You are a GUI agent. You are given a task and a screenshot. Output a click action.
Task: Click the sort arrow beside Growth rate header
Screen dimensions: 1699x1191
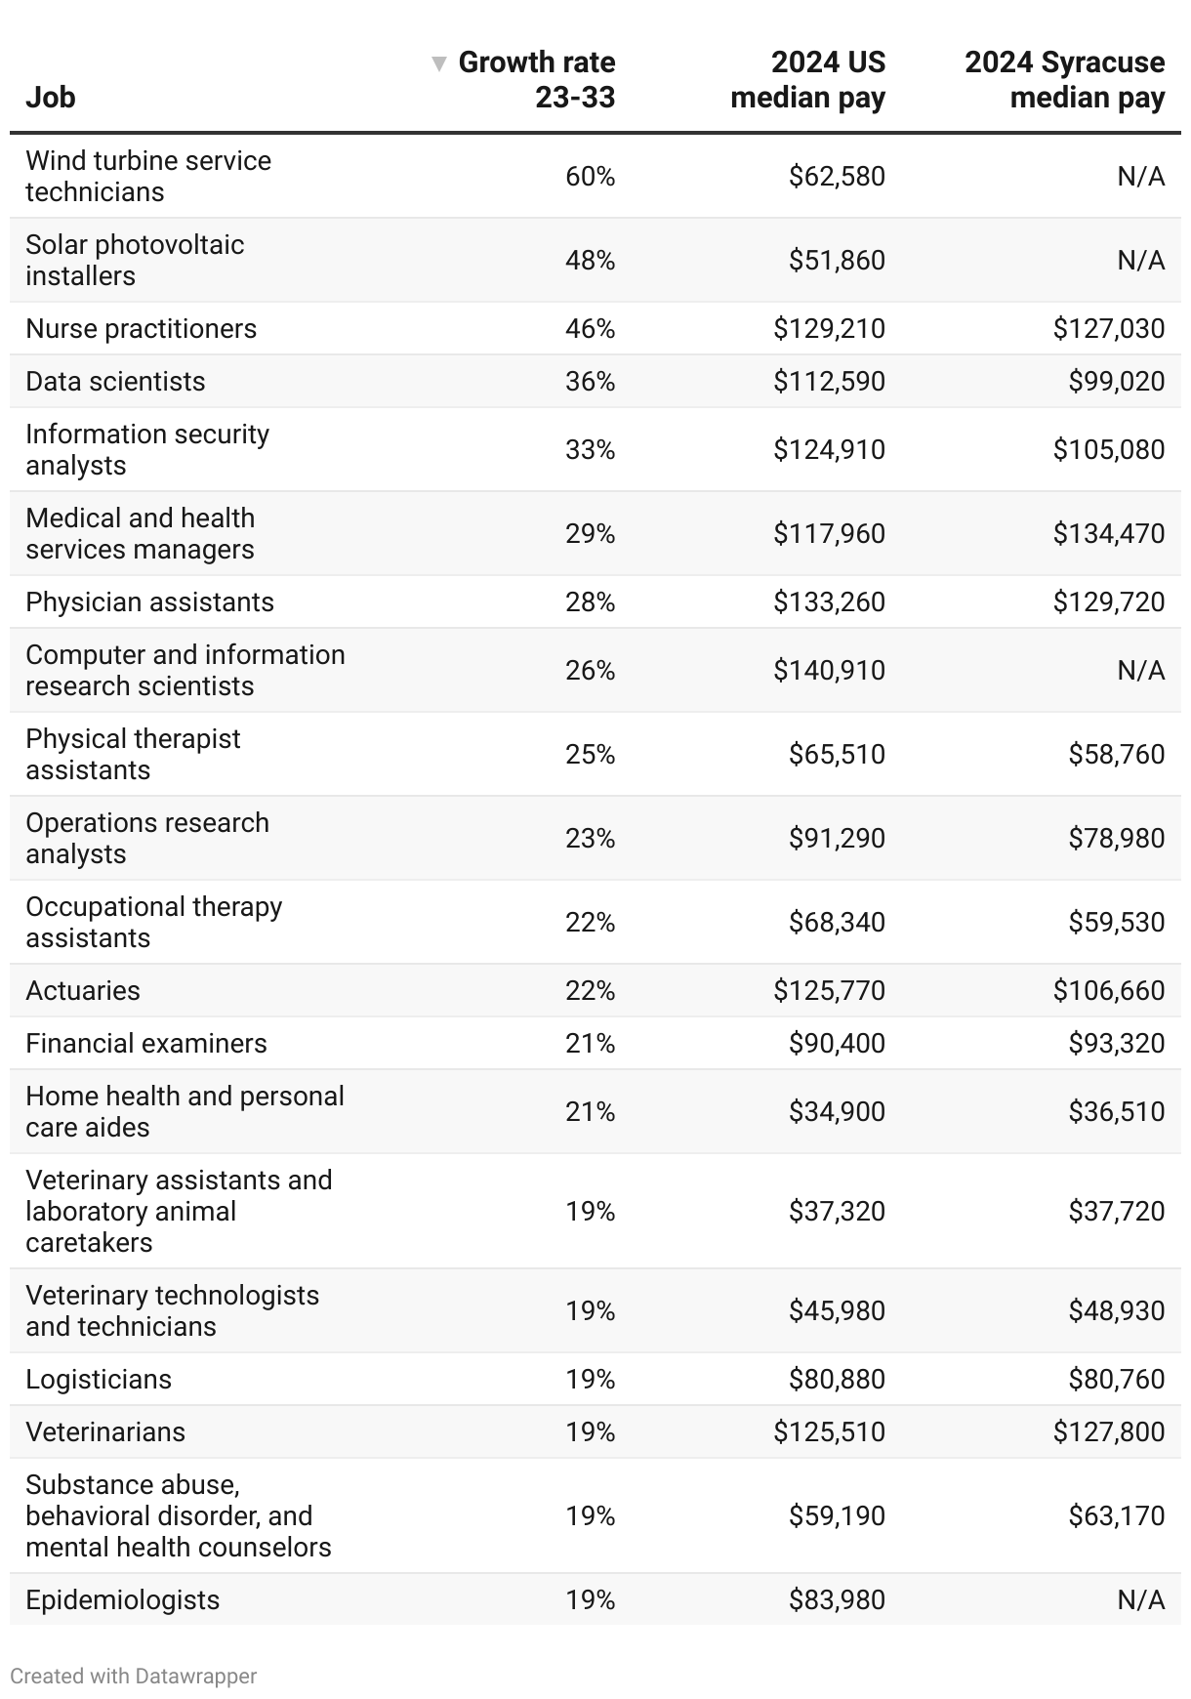[x=439, y=63]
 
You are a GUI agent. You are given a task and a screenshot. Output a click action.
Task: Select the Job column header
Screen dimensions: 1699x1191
[x=51, y=98]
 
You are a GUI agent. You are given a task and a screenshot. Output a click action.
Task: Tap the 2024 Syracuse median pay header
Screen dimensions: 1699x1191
[x=1065, y=80]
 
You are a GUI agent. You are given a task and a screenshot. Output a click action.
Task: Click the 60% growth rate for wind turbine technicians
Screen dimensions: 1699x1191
[x=590, y=177]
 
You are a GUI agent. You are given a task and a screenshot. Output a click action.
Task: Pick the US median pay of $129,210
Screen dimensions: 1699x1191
[x=829, y=329]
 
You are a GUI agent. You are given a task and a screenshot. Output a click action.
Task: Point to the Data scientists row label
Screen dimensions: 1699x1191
[x=115, y=382]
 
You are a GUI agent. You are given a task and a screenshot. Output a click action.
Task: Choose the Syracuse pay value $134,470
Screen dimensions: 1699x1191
[x=1108, y=534]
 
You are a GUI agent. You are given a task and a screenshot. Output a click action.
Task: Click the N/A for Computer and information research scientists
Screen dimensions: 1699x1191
[x=1140, y=671]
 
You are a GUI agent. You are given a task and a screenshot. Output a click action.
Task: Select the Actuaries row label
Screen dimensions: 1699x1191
[x=83, y=991]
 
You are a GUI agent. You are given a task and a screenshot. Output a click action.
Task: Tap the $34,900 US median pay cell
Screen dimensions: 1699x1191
[x=837, y=1112]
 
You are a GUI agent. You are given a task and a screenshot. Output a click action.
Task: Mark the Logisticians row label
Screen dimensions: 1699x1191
[x=99, y=1380]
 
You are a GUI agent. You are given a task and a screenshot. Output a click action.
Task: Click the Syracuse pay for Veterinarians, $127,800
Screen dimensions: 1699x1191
[x=1108, y=1432]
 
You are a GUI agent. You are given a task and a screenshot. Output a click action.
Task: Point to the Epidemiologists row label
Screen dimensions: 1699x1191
[x=123, y=1600]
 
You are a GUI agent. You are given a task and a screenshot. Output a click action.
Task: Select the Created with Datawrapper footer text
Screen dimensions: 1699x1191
[x=134, y=1677]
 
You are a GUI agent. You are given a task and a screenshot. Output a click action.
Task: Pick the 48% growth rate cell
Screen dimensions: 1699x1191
[x=590, y=261]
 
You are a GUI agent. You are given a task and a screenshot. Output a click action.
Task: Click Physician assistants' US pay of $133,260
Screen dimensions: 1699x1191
[x=829, y=602]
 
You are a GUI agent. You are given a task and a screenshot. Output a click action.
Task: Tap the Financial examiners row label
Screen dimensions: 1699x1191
[x=146, y=1044]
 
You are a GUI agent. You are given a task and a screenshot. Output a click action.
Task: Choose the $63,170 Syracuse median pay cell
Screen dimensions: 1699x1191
[x=1116, y=1516]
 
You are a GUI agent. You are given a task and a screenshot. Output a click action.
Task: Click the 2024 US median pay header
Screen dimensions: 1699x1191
[x=808, y=80]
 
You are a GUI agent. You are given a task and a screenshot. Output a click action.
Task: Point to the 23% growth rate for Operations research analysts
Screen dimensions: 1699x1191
[x=590, y=839]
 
